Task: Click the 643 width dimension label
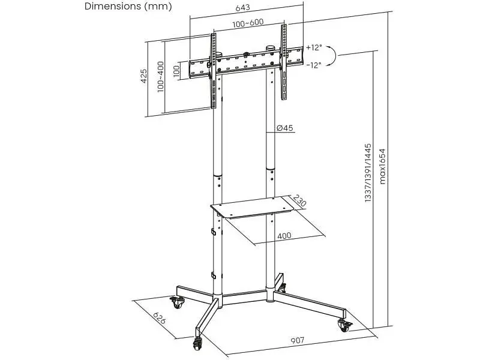[x=242, y=7]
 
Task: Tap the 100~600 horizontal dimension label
[x=248, y=23]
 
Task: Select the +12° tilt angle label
[x=314, y=47]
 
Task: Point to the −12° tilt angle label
[x=314, y=65]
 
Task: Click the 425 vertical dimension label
[x=143, y=76]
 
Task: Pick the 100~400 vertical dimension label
[x=160, y=77]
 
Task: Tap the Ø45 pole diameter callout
[x=284, y=128]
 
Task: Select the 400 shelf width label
[x=284, y=236]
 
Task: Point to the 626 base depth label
[x=159, y=318]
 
